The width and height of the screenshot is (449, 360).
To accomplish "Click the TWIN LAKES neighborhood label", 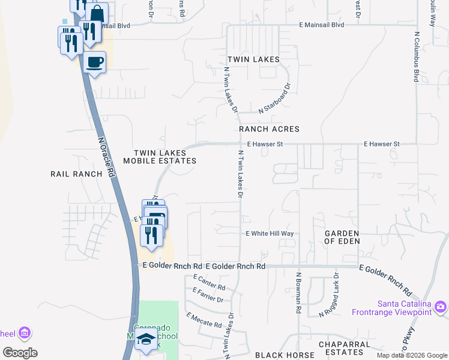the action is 253,59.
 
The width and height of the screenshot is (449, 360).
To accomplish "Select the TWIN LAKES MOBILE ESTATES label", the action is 160,157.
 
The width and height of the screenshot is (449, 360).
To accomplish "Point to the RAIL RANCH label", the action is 76,174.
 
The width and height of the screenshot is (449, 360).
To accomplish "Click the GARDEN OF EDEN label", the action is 342,237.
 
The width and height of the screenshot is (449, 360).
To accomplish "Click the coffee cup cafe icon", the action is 95,61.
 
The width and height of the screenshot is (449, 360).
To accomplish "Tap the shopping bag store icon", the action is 97,13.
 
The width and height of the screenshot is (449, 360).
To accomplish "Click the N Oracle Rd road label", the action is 106,155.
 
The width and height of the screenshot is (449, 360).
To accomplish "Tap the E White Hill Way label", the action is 270,233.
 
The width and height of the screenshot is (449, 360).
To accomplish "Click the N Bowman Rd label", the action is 298,294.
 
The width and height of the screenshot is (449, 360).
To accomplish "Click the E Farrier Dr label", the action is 208,295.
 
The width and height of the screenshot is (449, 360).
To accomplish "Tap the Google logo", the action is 20,353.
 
